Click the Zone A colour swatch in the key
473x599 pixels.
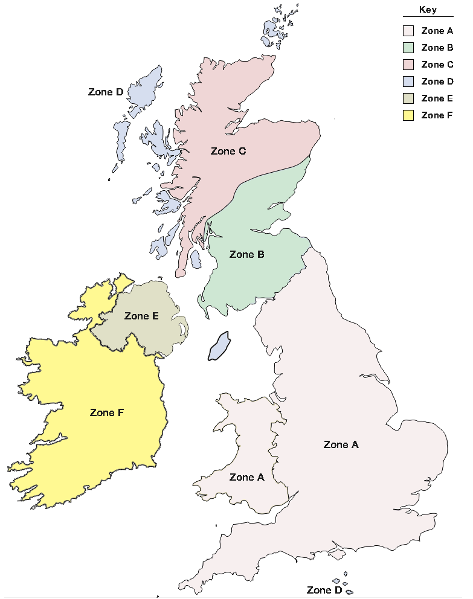tap(408, 31)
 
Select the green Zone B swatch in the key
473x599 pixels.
tap(408, 48)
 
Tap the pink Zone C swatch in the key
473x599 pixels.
tap(408, 65)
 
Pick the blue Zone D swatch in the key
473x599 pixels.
tap(408, 82)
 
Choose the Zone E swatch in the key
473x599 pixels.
tap(408, 98)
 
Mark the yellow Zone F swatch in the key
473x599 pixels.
tap(408, 115)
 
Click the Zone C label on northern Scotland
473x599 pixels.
tap(228, 151)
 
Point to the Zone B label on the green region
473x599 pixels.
tap(246, 255)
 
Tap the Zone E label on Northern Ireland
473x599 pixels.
tap(141, 316)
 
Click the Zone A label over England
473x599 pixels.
tap(341, 444)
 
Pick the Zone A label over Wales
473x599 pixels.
tap(246, 477)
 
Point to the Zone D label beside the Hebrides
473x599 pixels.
tap(106, 92)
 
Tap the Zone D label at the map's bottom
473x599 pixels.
tap(324, 590)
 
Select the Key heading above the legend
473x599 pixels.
tap(428, 10)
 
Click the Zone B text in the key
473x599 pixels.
tap(437, 48)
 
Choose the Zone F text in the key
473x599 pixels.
tap(437, 115)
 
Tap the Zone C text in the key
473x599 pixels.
tap(437, 65)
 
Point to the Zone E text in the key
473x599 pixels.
tap(437, 98)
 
